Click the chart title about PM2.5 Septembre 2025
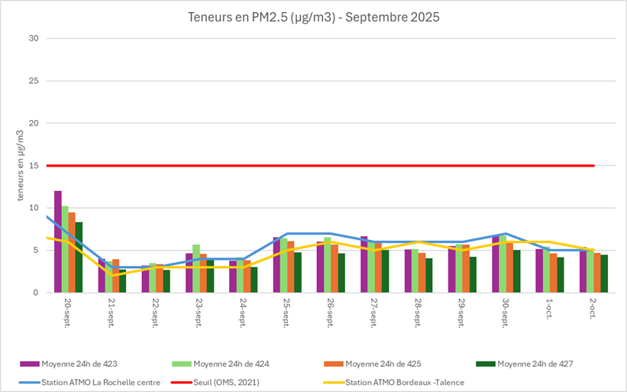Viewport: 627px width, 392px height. click(313, 18)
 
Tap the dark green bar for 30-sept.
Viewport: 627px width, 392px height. click(517, 272)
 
